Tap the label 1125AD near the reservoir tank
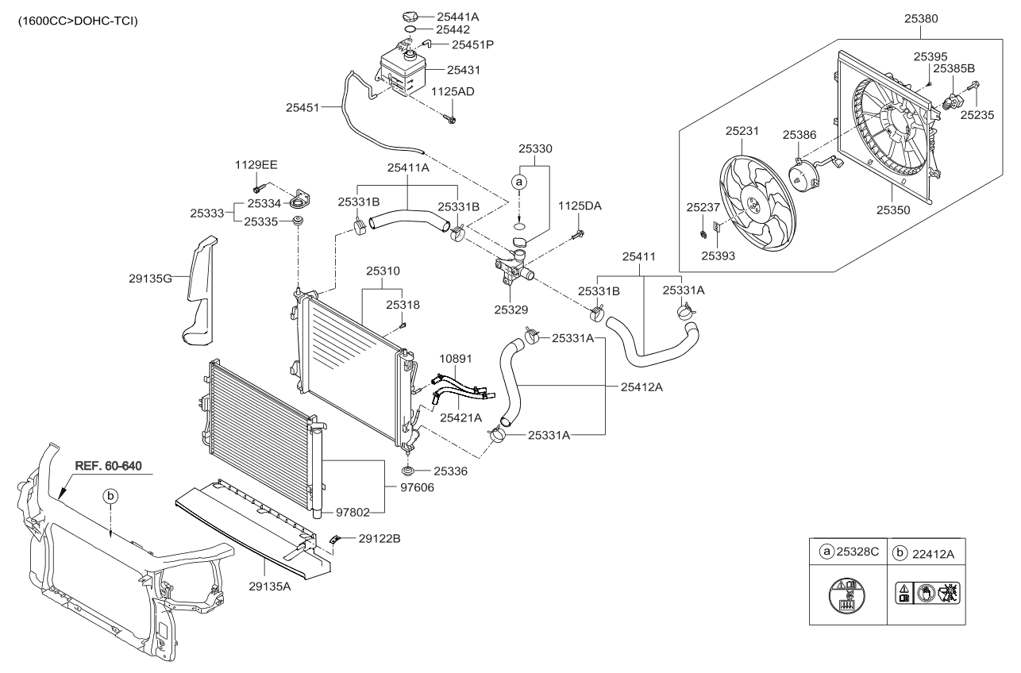pos(453,92)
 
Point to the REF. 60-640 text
pos(109,465)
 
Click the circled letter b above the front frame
pos(112,495)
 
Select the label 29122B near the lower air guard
pos(380,538)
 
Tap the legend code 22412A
pos(934,551)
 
